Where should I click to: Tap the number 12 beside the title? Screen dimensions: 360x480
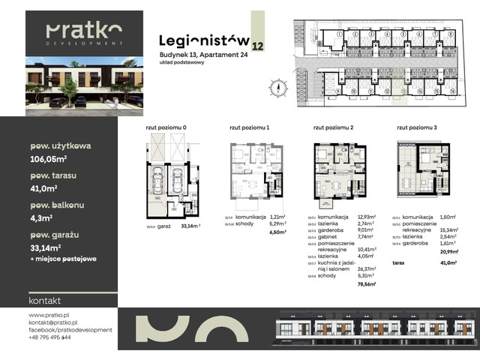pos(258,46)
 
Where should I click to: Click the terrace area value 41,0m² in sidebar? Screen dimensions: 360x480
pos(44,187)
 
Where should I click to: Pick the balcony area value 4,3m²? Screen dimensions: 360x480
pos(41,218)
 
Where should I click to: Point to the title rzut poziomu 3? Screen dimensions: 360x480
pos(416,128)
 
